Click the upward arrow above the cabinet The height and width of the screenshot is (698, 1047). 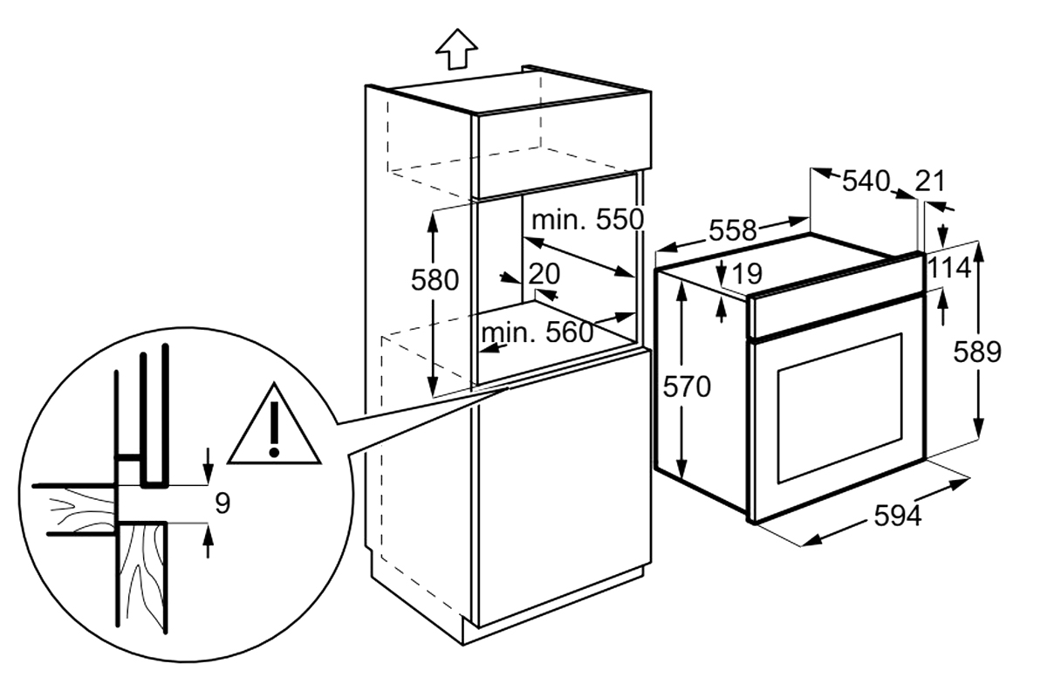click(456, 49)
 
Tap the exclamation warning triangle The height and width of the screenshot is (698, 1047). click(274, 427)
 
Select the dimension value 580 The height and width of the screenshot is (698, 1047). click(435, 281)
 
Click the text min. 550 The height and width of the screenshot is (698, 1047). click(588, 219)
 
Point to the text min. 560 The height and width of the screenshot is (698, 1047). click(537, 332)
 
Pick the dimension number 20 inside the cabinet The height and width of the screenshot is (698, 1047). click(544, 273)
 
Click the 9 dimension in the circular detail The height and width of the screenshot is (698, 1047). click(223, 503)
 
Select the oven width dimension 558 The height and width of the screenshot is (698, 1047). click(732, 230)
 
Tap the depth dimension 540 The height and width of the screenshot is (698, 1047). click(866, 181)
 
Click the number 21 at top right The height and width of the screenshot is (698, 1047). click(930, 181)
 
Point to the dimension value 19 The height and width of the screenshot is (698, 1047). click(748, 273)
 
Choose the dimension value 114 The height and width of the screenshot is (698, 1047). click(949, 269)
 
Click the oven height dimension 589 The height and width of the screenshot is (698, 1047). click(977, 352)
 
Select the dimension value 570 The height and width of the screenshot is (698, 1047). click(687, 387)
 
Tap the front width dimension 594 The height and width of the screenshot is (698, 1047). click(898, 516)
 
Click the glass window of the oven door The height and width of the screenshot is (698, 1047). click(839, 408)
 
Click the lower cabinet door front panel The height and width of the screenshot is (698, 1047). click(565, 488)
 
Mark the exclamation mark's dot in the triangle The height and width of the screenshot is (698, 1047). click(274, 452)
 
